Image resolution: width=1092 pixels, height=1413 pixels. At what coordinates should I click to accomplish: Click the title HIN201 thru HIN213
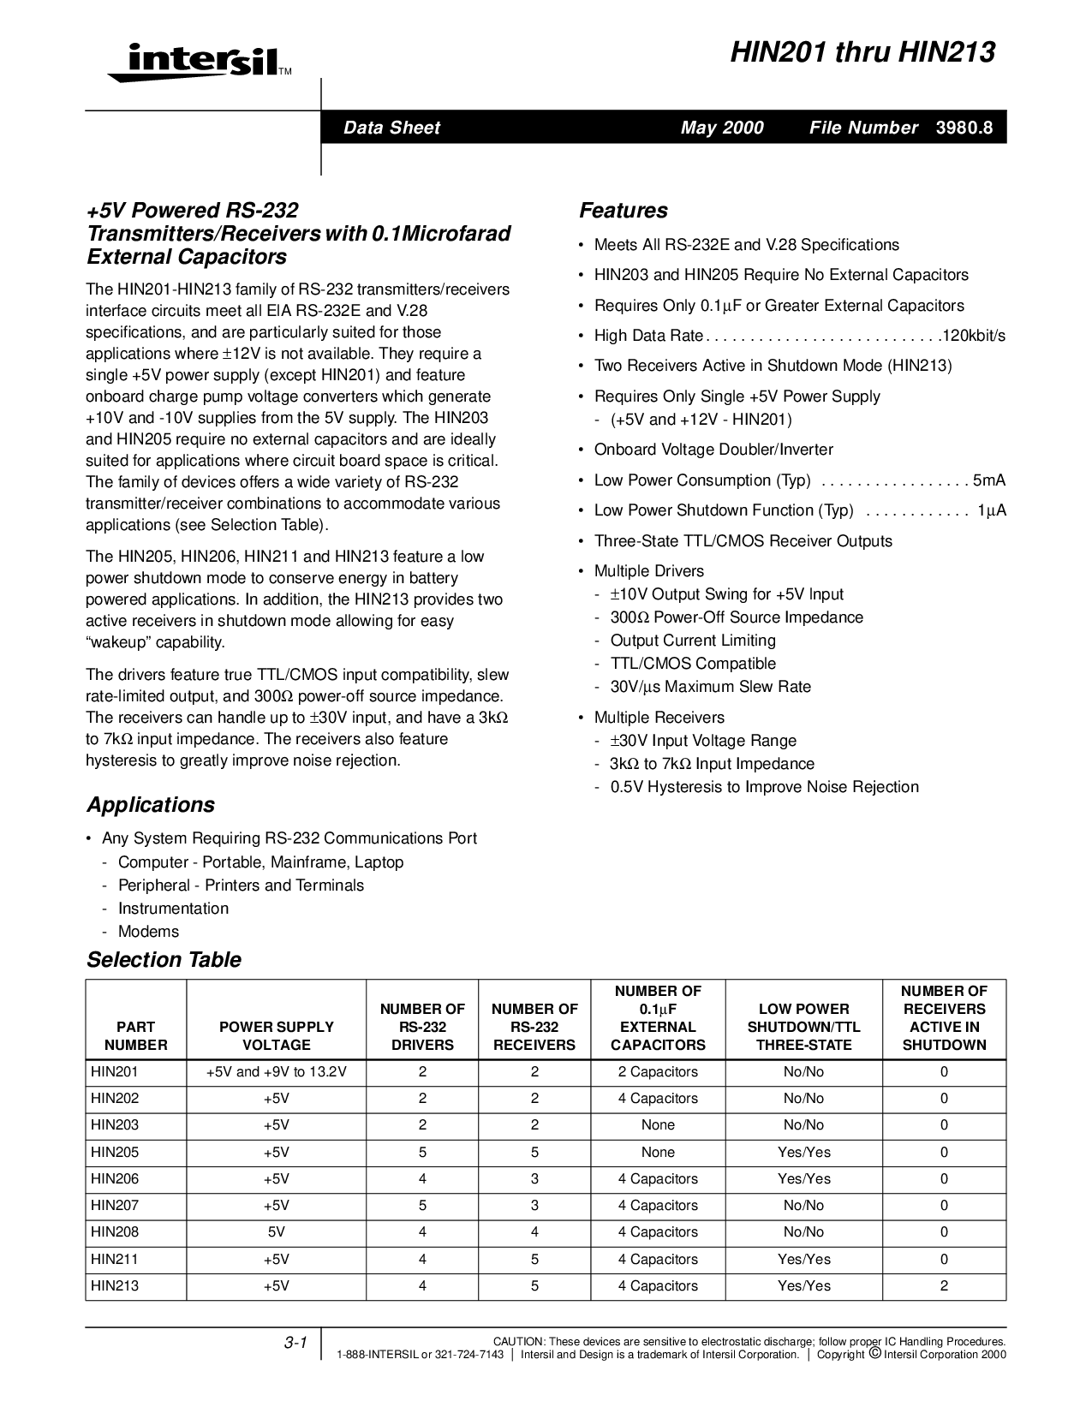click(862, 53)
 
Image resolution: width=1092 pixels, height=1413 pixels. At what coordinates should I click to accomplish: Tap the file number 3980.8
click(964, 128)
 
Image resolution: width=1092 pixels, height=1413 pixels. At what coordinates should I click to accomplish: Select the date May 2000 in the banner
click(722, 128)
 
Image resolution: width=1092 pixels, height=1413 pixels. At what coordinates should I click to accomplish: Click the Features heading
click(623, 211)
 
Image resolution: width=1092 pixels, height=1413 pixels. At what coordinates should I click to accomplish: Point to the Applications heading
click(150, 805)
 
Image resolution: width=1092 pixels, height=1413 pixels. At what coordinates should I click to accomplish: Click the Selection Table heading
click(164, 960)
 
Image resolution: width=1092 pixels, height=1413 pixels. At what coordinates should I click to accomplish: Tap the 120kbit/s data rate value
click(973, 336)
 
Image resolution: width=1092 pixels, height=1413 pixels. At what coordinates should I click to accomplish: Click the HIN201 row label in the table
click(115, 1072)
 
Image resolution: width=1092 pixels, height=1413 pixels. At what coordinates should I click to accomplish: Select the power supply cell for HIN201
click(277, 1072)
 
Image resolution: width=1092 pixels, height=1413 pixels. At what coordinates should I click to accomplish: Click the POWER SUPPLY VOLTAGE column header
click(277, 1035)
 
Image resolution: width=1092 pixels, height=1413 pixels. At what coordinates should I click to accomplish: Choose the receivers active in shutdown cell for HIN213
click(944, 1285)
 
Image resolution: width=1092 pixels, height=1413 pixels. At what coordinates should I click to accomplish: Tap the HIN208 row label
click(115, 1232)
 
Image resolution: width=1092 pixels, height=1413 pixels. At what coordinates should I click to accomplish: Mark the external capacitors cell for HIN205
click(658, 1152)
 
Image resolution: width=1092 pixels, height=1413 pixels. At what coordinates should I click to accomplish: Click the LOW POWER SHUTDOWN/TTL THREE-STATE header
click(803, 1027)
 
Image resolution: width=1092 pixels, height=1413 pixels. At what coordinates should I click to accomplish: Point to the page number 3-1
click(295, 1344)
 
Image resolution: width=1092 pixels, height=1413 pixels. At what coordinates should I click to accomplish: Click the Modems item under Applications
click(148, 932)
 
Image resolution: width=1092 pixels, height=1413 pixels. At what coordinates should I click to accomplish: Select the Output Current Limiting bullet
click(693, 641)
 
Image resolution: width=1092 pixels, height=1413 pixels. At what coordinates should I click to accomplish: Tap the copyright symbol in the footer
click(874, 1354)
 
